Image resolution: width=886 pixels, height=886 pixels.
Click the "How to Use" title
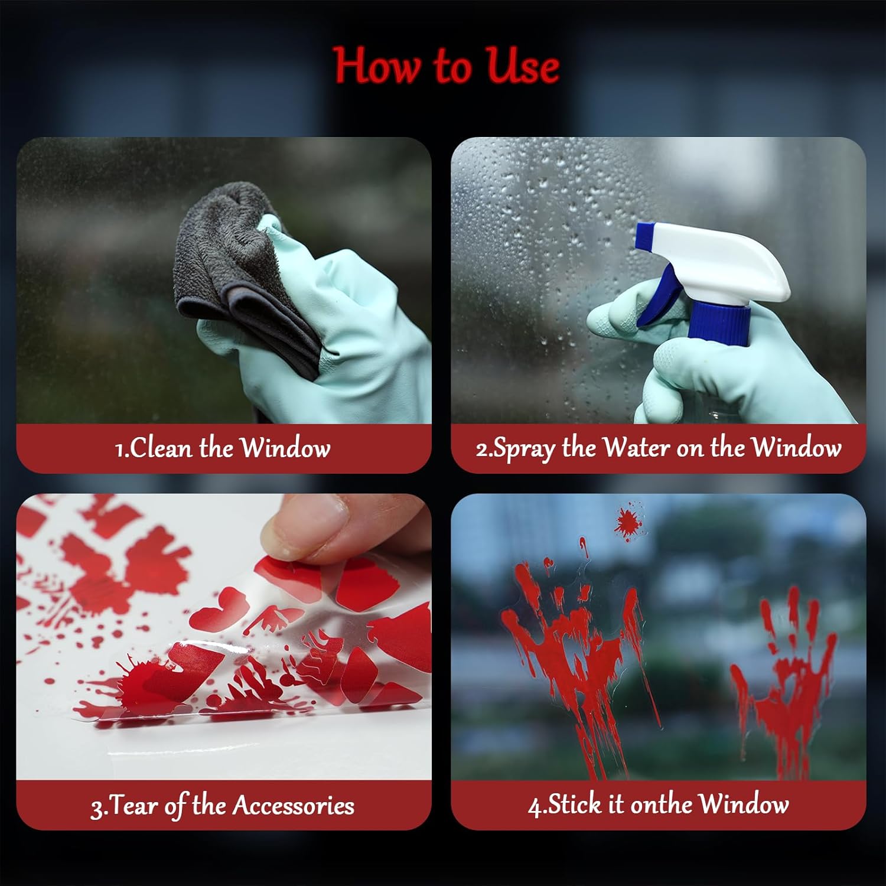pyautogui.click(x=446, y=66)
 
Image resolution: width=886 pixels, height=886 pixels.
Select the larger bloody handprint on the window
pyautogui.click(x=576, y=656)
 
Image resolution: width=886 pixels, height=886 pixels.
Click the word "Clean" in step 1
pyautogui.click(x=161, y=448)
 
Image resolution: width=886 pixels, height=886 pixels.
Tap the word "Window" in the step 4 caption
pyautogui.click(x=743, y=804)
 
